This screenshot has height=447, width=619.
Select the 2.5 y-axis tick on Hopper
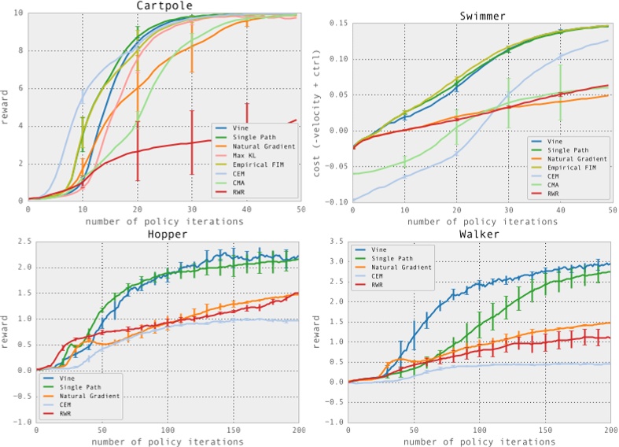pos(20,242)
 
